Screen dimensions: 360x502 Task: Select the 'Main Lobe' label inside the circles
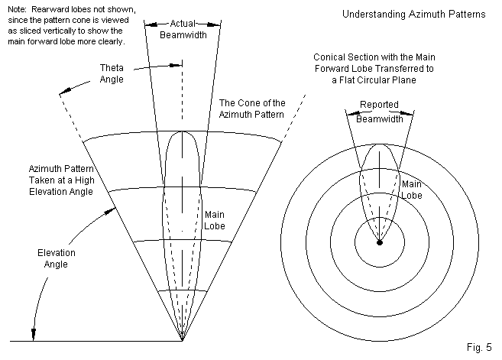[412, 190]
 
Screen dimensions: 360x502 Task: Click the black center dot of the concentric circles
[380, 242]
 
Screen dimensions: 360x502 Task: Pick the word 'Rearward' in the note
[47, 8]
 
